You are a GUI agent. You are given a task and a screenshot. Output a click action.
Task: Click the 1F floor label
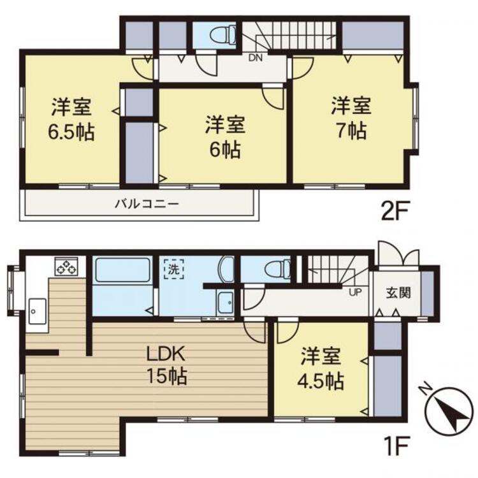396,442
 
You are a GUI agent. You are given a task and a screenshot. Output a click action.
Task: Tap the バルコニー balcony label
147,205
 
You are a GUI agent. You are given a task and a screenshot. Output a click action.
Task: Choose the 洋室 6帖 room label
223,137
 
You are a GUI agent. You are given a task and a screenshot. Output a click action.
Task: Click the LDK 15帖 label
167,364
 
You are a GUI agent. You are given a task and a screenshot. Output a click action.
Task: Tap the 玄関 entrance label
398,294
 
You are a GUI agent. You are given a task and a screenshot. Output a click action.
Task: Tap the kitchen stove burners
66,266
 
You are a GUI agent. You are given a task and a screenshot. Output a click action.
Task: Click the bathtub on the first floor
122,272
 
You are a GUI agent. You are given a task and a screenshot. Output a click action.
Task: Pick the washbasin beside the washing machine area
225,301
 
